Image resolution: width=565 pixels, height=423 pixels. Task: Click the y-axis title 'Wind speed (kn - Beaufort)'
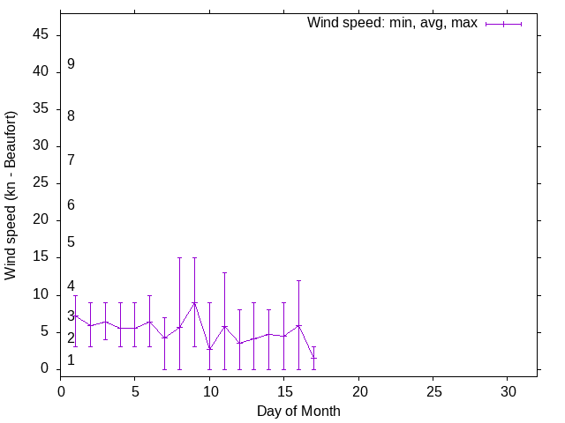[x=11, y=196]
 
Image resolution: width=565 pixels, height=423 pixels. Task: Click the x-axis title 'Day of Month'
[x=298, y=411]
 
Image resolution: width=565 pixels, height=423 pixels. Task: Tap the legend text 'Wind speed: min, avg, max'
[x=392, y=23]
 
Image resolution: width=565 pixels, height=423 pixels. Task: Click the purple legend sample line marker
[x=503, y=24]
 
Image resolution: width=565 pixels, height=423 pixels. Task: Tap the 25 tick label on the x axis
[x=433, y=390]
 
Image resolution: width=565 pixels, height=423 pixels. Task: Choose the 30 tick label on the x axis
[x=507, y=390]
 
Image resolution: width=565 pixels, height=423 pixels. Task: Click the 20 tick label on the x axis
[x=358, y=390]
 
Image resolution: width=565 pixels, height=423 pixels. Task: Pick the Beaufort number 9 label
[x=71, y=64]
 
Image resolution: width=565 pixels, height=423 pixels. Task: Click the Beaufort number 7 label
[x=71, y=160]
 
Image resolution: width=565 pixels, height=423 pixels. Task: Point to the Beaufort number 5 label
[x=71, y=241]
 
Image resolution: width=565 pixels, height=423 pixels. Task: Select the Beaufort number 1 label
[x=71, y=360]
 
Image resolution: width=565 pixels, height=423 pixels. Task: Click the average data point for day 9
[x=194, y=302]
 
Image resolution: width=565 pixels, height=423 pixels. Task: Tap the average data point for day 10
[x=209, y=349]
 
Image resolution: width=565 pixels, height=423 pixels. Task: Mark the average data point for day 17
[x=313, y=358]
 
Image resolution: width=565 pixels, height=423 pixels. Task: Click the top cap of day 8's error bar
[x=179, y=258]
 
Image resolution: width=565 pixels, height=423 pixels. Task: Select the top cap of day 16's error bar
[x=298, y=280]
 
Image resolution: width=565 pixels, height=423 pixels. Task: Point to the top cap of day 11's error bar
[x=224, y=272]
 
